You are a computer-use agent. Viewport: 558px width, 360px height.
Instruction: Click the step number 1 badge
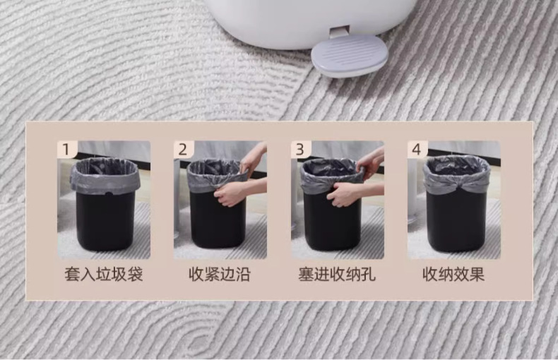(66, 150)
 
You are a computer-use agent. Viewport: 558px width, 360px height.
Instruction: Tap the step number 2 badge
(183, 150)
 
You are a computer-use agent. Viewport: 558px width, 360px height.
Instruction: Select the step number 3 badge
(300, 150)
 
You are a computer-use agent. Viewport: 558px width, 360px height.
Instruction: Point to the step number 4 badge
(417, 150)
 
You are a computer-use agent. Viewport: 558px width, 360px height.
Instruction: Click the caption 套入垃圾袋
(104, 275)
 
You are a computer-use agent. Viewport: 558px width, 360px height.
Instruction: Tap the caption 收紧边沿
(220, 275)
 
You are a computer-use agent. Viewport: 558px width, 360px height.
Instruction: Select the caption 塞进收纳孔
(337, 275)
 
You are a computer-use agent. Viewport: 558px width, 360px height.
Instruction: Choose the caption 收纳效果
(453, 275)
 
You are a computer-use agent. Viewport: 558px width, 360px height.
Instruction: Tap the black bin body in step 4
(456, 220)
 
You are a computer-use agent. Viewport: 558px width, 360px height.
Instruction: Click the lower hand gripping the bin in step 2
(227, 194)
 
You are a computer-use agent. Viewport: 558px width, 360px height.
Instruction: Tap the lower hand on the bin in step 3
(343, 194)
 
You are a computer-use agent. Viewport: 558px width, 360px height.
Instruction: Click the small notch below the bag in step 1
(107, 193)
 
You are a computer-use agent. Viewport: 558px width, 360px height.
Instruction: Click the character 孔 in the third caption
(368, 275)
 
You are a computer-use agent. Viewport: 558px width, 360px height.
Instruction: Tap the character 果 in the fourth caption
(477, 275)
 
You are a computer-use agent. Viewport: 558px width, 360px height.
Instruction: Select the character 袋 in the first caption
(135, 275)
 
